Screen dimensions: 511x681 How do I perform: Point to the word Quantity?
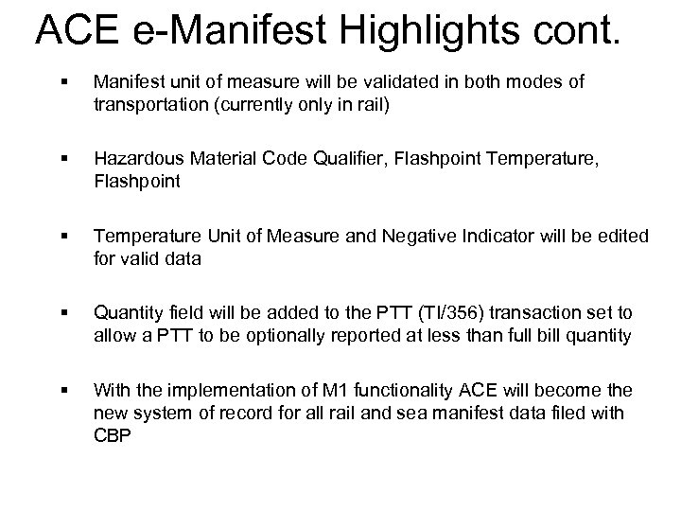click(128, 313)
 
